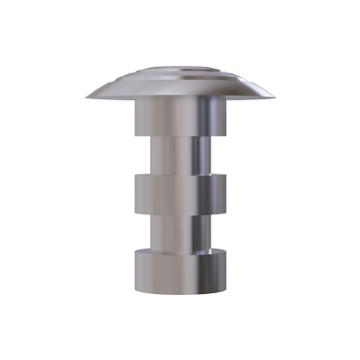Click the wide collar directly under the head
click(x=180, y=121)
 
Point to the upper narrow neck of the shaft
click(x=180, y=156)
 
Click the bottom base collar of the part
click(x=180, y=269)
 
